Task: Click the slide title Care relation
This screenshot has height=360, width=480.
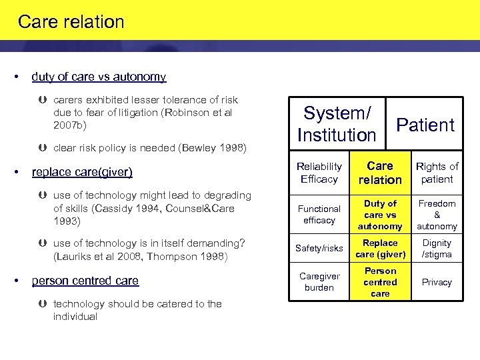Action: [x=71, y=22]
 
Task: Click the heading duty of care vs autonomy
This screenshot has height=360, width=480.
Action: [x=99, y=77]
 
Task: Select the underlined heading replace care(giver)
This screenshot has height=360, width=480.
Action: [x=82, y=172]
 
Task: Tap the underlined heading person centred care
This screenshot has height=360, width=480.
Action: [x=85, y=281]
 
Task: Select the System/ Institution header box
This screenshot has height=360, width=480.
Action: [x=337, y=124]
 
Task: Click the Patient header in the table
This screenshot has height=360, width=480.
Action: [x=425, y=125]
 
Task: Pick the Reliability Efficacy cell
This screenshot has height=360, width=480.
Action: [x=319, y=173]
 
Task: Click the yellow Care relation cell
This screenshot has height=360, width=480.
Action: [x=380, y=173]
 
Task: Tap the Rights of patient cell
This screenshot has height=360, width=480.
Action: [x=437, y=173]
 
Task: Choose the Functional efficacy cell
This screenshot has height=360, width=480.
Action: [x=319, y=215]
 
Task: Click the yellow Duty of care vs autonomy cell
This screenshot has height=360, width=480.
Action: [x=380, y=215]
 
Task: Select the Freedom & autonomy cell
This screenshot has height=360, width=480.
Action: [x=437, y=215]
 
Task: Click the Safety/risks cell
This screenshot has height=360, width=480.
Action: [x=319, y=248]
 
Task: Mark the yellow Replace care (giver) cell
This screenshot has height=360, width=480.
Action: [x=380, y=248]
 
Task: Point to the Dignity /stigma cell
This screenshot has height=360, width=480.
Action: [x=437, y=248]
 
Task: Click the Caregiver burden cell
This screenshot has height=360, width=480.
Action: [x=319, y=282]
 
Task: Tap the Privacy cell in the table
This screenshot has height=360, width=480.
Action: [x=437, y=282]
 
